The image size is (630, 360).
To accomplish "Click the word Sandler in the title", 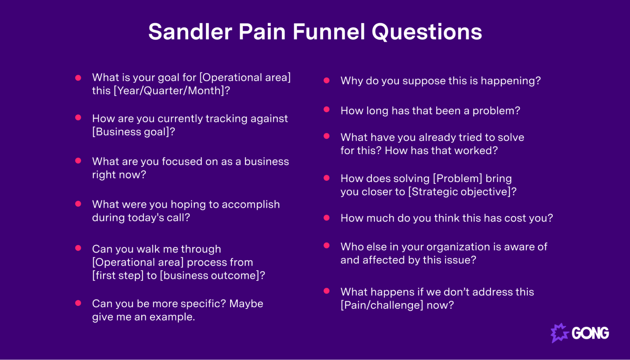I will click(x=190, y=32).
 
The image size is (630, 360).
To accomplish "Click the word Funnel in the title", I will click(x=329, y=32).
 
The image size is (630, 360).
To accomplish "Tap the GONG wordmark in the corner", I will click(x=590, y=333).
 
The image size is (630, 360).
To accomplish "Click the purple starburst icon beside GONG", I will click(x=559, y=333).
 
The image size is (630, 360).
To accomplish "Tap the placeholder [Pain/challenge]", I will click(x=382, y=305).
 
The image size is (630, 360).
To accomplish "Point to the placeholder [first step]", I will click(x=118, y=275).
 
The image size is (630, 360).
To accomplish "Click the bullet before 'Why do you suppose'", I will click(x=327, y=81).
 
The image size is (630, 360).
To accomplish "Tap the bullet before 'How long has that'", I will click(x=327, y=110).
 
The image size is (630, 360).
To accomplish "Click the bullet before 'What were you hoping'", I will click(x=78, y=204).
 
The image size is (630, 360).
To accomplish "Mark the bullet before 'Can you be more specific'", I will click(x=78, y=303).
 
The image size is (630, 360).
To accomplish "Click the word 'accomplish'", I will click(x=251, y=204).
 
